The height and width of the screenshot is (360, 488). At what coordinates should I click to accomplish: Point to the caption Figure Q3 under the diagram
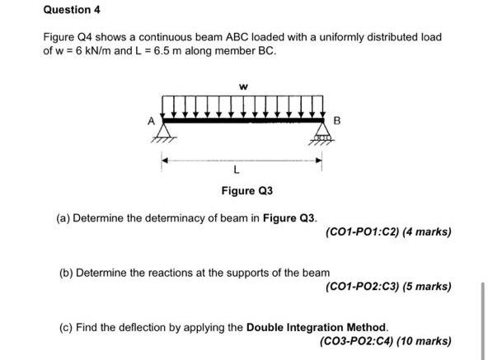[x=246, y=191]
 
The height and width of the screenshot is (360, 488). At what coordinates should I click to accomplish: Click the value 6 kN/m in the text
[x=95, y=51]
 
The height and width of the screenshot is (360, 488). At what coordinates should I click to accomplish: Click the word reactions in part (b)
[x=172, y=272]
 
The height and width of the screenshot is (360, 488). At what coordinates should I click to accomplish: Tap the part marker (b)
[x=67, y=272]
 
